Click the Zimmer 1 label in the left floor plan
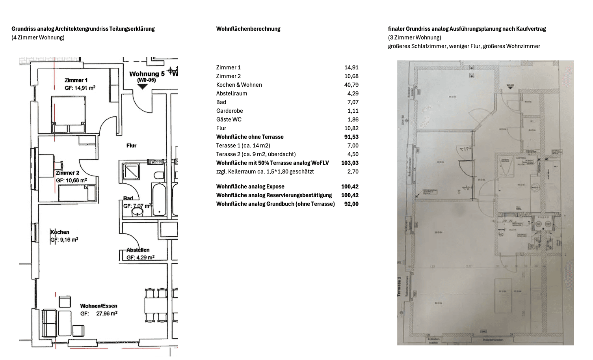coord(76,80)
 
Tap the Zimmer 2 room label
coord(67,173)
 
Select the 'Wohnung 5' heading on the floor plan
coord(147,74)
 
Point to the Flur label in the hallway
coord(131,145)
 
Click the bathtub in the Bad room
coord(159,199)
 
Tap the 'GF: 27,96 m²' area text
coord(99,313)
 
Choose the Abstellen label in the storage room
coord(138,250)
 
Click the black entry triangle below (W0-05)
coord(142,86)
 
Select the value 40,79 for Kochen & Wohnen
coord(351,85)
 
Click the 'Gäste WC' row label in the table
coord(229,119)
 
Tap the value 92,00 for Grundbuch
coord(351,204)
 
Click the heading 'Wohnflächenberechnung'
coord(248,29)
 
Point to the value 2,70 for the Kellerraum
coord(353,172)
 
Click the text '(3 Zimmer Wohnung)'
coord(415,37)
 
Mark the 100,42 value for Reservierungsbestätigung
coord(350,195)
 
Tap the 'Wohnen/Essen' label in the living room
coord(99,306)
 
